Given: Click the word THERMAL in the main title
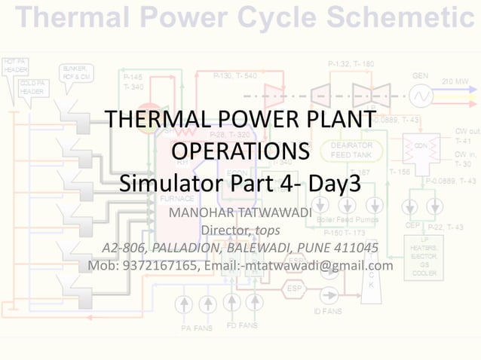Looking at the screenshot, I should (149, 121).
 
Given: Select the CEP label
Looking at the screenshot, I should (412, 224).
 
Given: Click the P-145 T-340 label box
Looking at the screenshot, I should (133, 81).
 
